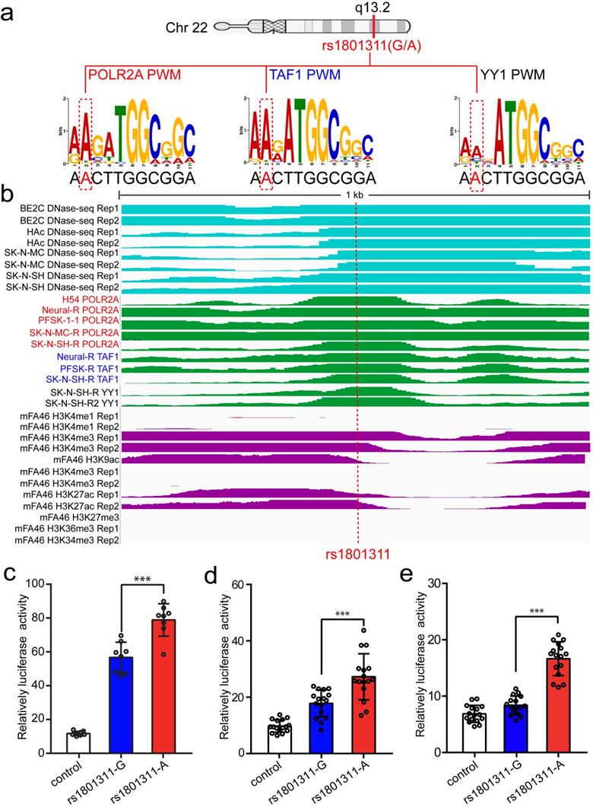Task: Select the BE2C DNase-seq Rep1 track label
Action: click(67, 208)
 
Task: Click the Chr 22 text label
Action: click(186, 28)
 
